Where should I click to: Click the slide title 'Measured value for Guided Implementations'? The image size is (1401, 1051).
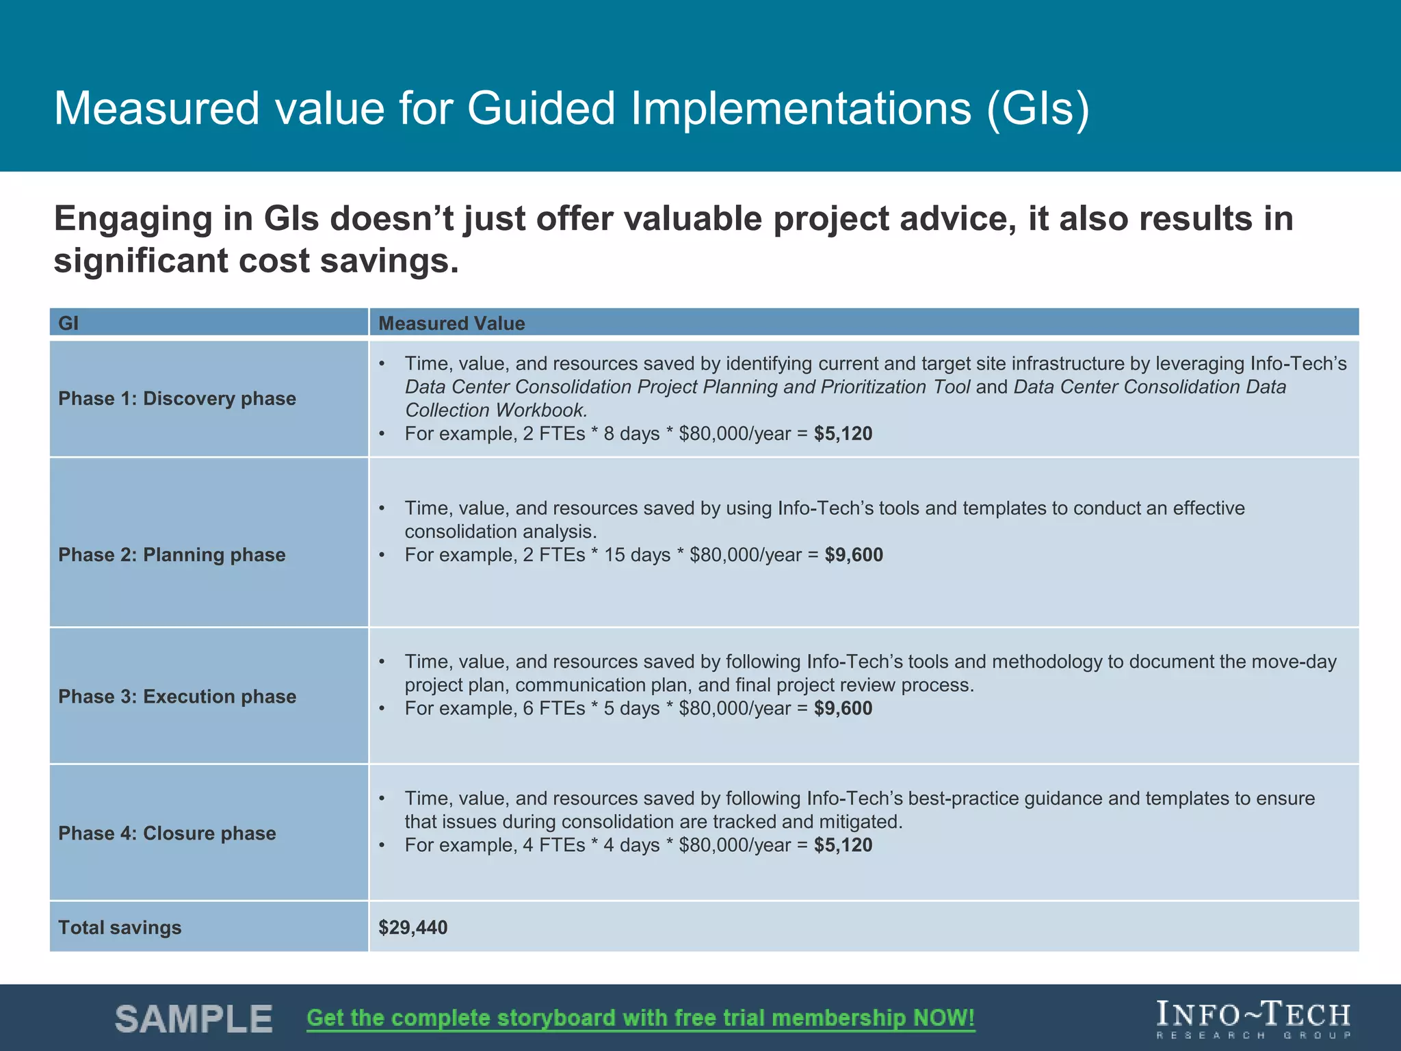[x=571, y=108]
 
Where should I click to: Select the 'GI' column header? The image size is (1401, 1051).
[x=68, y=323]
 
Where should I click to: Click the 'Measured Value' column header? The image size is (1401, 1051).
[x=451, y=323]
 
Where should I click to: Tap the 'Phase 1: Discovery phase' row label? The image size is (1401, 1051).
[x=177, y=398]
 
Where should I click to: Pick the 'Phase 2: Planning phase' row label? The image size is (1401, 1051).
[x=172, y=554]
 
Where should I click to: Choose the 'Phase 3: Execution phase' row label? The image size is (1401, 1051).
[x=177, y=697]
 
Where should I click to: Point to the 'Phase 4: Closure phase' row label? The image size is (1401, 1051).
[x=167, y=833]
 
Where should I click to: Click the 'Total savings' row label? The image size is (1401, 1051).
[x=120, y=928]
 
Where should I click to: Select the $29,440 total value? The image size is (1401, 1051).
[x=413, y=928]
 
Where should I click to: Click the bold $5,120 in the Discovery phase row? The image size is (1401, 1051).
[x=843, y=434]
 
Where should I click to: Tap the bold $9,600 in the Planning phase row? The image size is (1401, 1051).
[x=854, y=555]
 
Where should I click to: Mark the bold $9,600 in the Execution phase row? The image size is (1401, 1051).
[x=843, y=708]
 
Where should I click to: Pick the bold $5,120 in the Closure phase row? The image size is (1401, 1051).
[x=843, y=845]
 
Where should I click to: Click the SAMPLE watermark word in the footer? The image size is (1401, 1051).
[x=194, y=1019]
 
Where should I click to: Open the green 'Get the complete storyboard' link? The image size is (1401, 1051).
[x=640, y=1018]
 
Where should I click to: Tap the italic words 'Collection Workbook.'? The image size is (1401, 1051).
[x=496, y=411]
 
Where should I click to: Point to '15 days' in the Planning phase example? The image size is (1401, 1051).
[x=637, y=555]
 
